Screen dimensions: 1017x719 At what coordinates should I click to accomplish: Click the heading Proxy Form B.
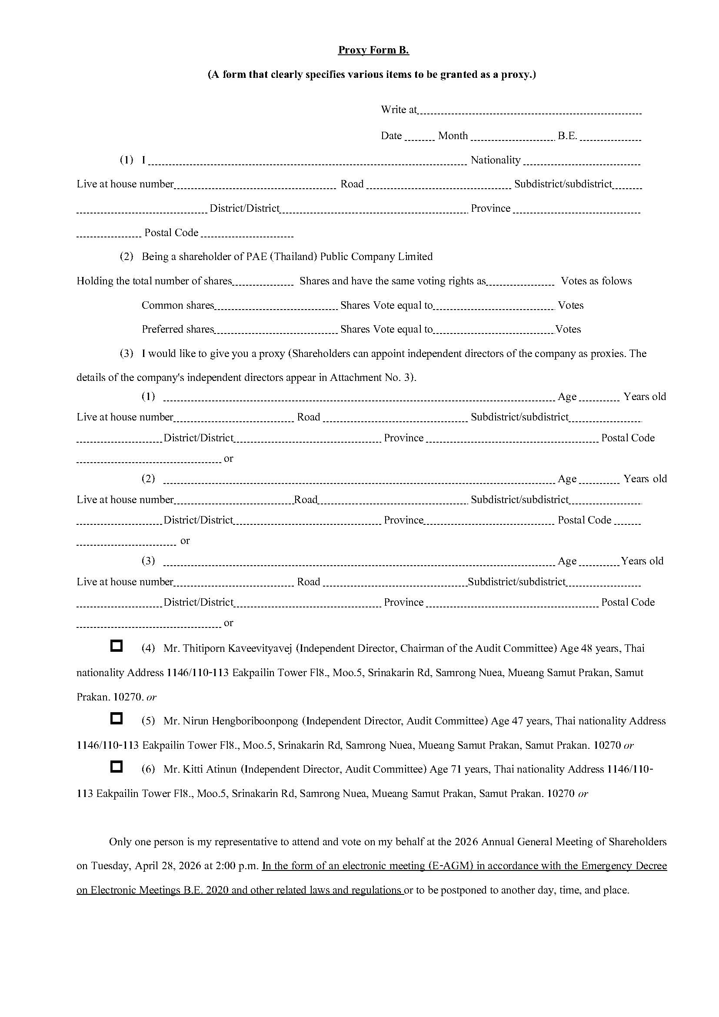[373, 50]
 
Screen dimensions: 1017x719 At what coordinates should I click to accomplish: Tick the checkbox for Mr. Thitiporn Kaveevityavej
[116, 646]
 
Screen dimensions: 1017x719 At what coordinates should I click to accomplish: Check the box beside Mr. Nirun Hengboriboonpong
[116, 718]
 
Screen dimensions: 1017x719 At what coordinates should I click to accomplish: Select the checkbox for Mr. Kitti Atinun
[116, 767]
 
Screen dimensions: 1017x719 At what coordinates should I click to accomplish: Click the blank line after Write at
[529, 112]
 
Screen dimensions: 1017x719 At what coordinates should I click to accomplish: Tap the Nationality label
[496, 160]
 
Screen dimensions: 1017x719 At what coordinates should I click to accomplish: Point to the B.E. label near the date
[567, 136]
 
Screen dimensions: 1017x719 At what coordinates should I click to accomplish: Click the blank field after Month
[512, 138]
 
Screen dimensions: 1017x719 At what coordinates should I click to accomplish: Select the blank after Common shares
[276, 307]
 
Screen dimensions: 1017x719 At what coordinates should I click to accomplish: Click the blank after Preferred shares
[276, 331]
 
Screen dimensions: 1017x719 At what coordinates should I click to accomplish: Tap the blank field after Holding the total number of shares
[263, 283]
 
